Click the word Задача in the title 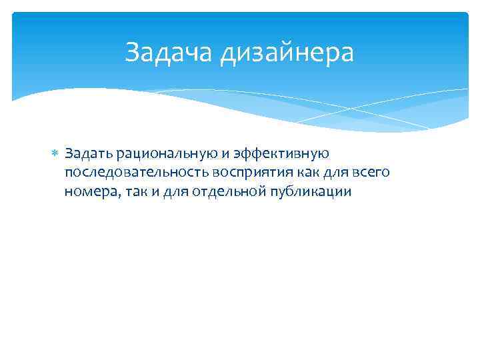(x=170, y=53)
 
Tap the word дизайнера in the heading (x=288, y=53)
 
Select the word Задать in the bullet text (x=88, y=154)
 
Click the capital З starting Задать (x=69, y=154)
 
